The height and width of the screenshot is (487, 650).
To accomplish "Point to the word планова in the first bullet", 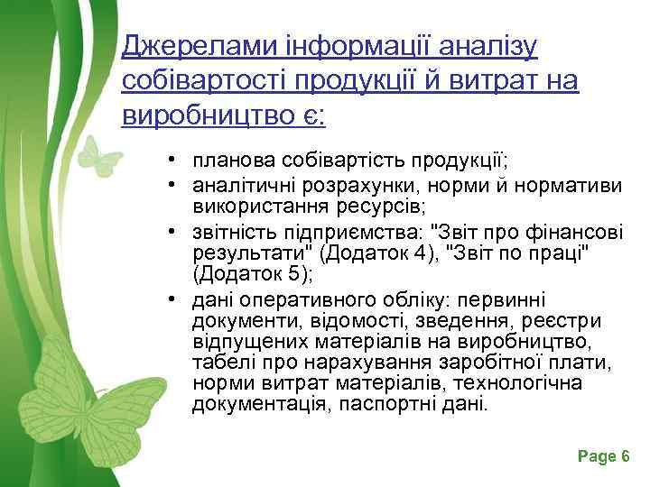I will (x=227, y=161).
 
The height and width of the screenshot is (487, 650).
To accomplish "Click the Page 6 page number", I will (x=603, y=457).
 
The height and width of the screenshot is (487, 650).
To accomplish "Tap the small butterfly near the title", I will (x=98, y=158).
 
